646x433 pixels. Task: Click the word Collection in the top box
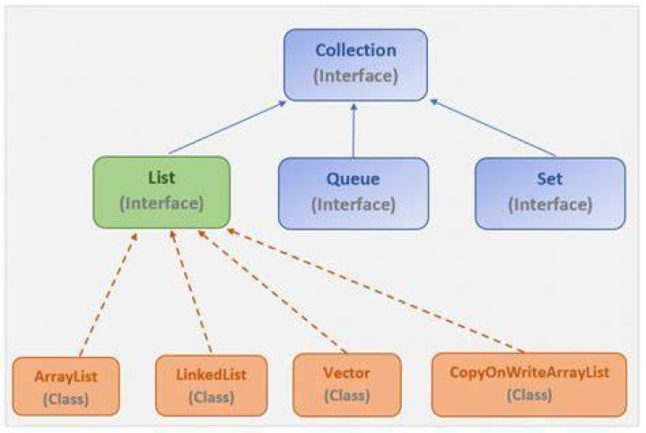[x=356, y=50]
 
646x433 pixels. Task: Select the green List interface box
[x=161, y=192]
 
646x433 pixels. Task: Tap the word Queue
[x=354, y=179]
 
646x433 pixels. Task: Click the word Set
[x=550, y=179]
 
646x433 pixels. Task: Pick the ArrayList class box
[x=65, y=386]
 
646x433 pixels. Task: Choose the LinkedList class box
[x=212, y=385]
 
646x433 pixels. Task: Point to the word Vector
[x=346, y=373]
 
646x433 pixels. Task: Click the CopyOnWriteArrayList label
[x=529, y=372]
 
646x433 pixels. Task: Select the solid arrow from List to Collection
[x=227, y=127]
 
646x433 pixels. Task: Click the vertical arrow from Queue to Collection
[x=354, y=131]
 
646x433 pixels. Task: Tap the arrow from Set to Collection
[x=493, y=128]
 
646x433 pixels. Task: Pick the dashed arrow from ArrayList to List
[x=108, y=294]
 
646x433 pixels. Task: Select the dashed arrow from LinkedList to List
[x=191, y=291]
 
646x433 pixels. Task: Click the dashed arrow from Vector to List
[x=272, y=291]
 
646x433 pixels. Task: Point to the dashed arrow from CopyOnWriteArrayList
[x=375, y=290]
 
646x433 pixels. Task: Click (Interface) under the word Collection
[x=356, y=76]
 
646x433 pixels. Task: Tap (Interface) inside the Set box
[x=550, y=204]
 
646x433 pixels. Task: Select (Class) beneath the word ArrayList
[x=65, y=399]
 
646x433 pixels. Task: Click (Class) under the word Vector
[x=347, y=395]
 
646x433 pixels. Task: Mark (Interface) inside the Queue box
[x=354, y=204]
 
